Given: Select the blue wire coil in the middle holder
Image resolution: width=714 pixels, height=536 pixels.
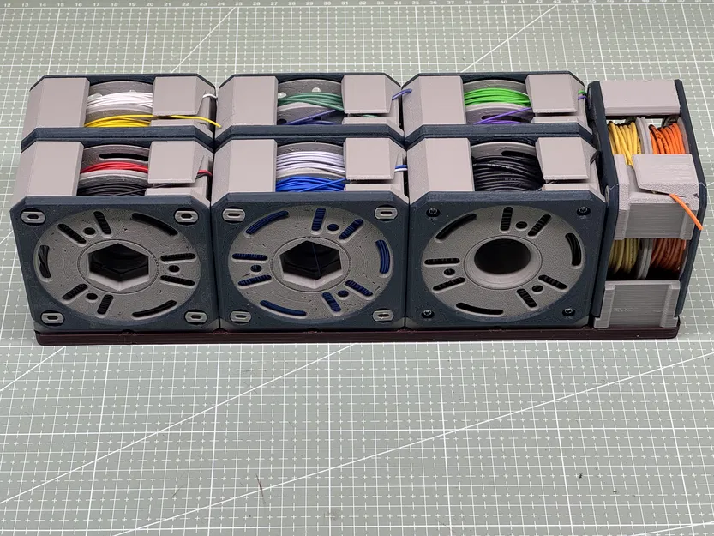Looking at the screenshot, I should (x=309, y=183).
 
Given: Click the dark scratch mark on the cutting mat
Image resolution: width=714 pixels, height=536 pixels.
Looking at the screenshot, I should (x=256, y=491).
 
